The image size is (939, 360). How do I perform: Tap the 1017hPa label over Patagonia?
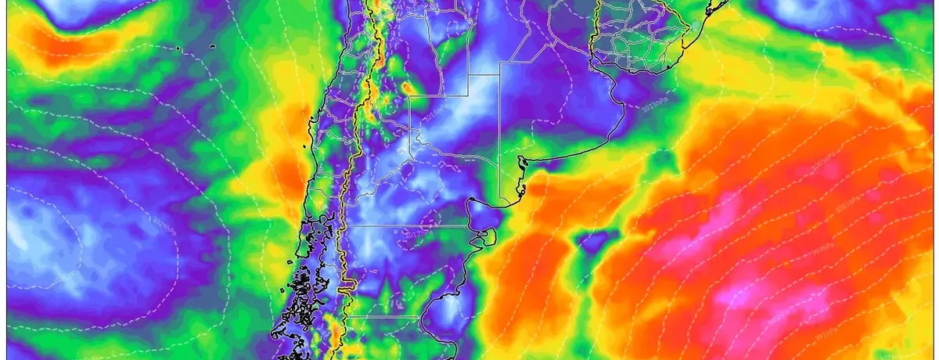click(x=420, y=232)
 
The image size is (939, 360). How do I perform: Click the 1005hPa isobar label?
click(x=819, y=160)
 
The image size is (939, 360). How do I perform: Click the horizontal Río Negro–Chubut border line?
click(x=407, y=225)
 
